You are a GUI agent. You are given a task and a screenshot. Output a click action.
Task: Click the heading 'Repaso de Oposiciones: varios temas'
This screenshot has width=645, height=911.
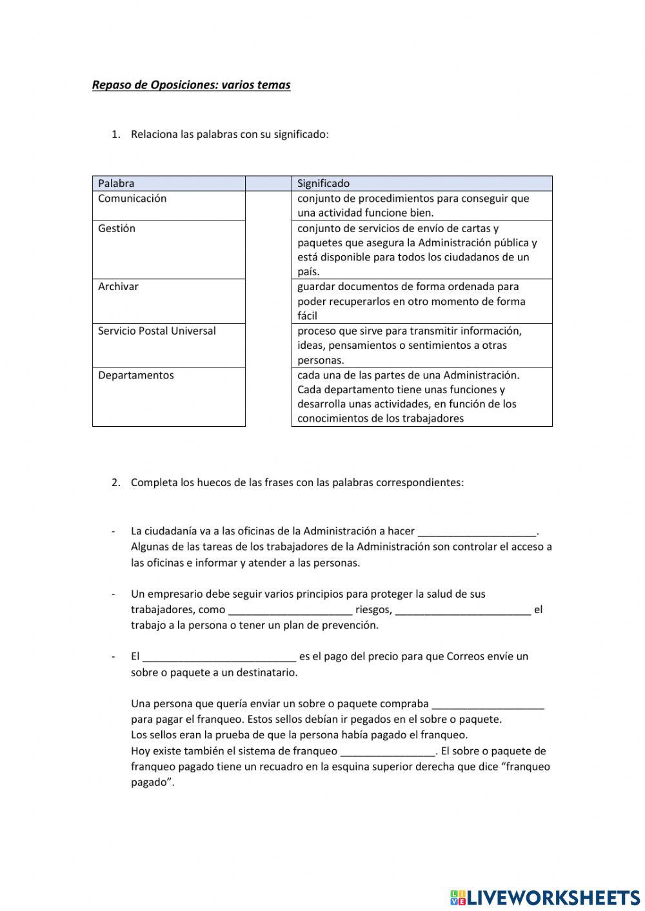click(x=191, y=85)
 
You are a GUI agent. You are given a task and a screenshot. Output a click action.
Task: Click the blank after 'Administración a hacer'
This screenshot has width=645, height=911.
click(x=477, y=531)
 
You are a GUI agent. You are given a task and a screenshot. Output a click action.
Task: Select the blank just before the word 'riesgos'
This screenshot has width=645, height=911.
click(x=290, y=609)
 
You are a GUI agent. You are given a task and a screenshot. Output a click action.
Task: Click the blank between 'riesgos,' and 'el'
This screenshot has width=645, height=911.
click(x=462, y=609)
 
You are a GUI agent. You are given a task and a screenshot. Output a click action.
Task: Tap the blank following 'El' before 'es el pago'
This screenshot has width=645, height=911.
click(x=219, y=656)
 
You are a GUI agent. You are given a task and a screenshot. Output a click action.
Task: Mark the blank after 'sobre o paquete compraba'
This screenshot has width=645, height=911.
click(x=488, y=703)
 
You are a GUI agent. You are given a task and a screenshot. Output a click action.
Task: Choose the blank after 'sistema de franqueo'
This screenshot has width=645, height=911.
click(x=388, y=750)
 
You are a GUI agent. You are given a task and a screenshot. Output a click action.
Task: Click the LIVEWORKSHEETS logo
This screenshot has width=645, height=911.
click(x=545, y=897)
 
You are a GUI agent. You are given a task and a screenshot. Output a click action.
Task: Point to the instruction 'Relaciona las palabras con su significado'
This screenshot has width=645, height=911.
click(x=230, y=134)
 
